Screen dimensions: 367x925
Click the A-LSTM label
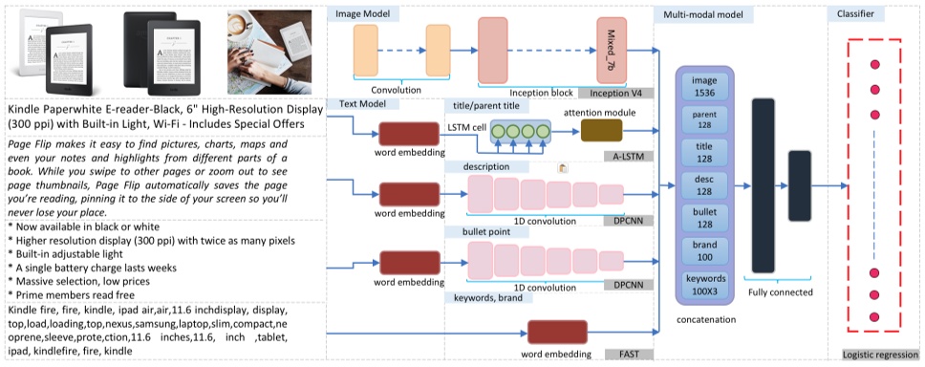point(628,155)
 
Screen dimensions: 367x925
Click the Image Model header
point(365,14)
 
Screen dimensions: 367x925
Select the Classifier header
point(857,14)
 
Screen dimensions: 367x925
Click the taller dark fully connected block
point(763,184)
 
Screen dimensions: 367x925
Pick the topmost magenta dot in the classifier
point(874,65)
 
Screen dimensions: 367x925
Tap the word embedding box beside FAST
point(557,334)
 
